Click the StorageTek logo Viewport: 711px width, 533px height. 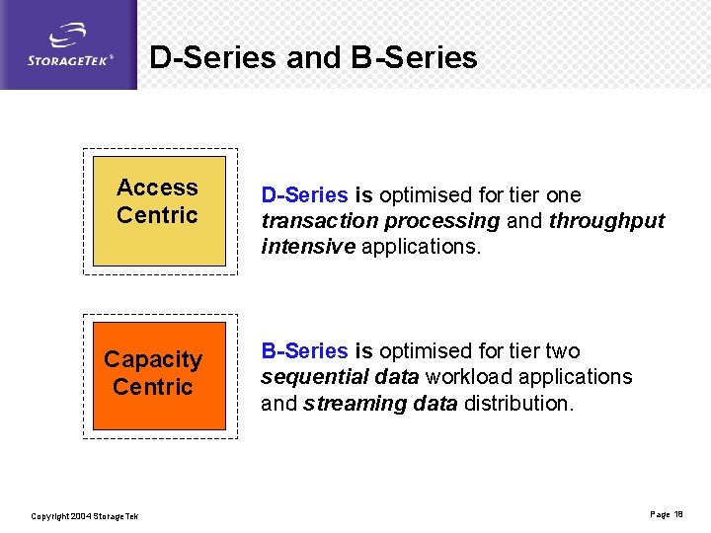[x=69, y=46]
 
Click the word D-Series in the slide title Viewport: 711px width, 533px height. [x=212, y=57]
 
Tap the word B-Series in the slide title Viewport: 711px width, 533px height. [x=414, y=57]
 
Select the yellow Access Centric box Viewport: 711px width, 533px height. [x=159, y=210]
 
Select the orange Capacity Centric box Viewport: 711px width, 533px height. [x=159, y=375]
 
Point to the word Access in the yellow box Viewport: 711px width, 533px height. [x=157, y=188]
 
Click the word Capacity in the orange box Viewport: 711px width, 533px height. [x=153, y=359]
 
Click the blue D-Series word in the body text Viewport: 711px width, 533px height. [x=304, y=195]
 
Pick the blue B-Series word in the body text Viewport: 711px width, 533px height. [x=304, y=351]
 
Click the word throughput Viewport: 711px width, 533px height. [x=606, y=221]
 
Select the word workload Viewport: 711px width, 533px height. [x=470, y=377]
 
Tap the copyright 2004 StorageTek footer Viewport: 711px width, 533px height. [x=85, y=516]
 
